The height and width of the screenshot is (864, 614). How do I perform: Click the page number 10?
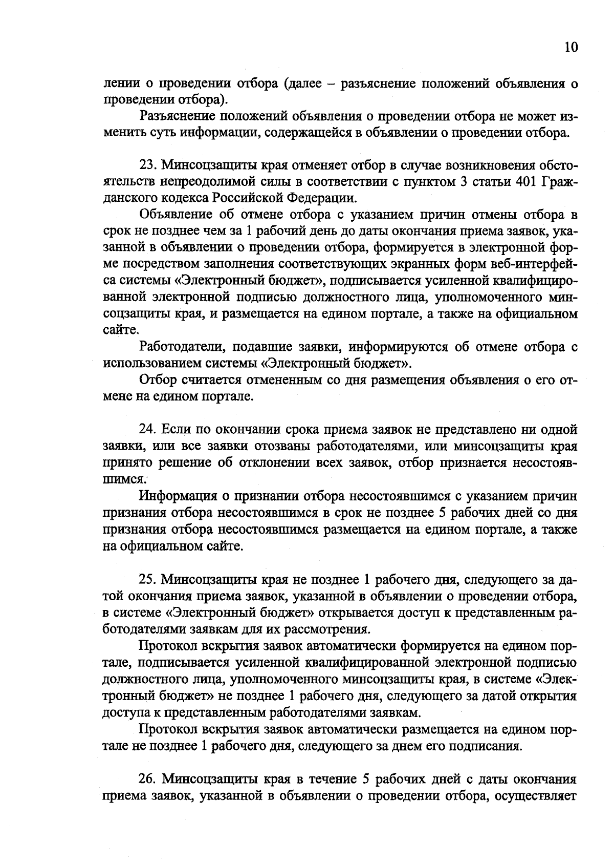(571, 48)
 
